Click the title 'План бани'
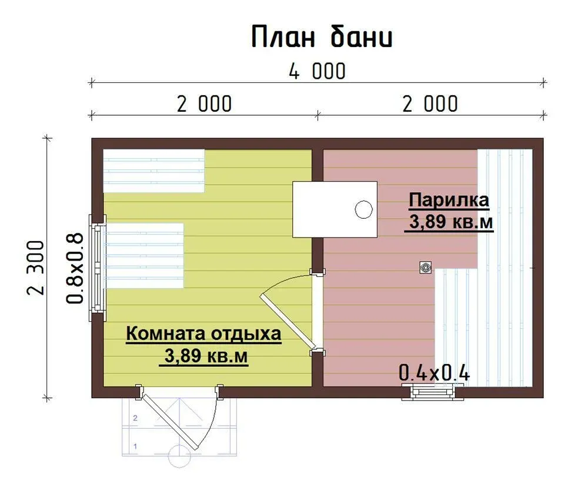(x=322, y=36)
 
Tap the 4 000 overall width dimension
(x=318, y=71)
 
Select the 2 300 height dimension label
(x=36, y=268)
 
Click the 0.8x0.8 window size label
(x=74, y=268)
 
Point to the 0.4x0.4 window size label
(x=434, y=373)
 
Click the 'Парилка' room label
(x=449, y=200)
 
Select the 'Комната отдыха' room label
(x=203, y=333)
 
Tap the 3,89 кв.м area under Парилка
(x=450, y=222)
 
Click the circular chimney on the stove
(x=363, y=209)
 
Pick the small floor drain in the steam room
(x=425, y=268)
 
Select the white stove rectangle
(x=335, y=209)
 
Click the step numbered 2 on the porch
(x=135, y=417)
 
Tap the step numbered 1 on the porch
(x=135, y=446)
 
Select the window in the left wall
(x=98, y=268)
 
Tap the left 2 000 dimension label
(x=204, y=104)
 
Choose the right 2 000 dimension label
(x=430, y=104)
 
